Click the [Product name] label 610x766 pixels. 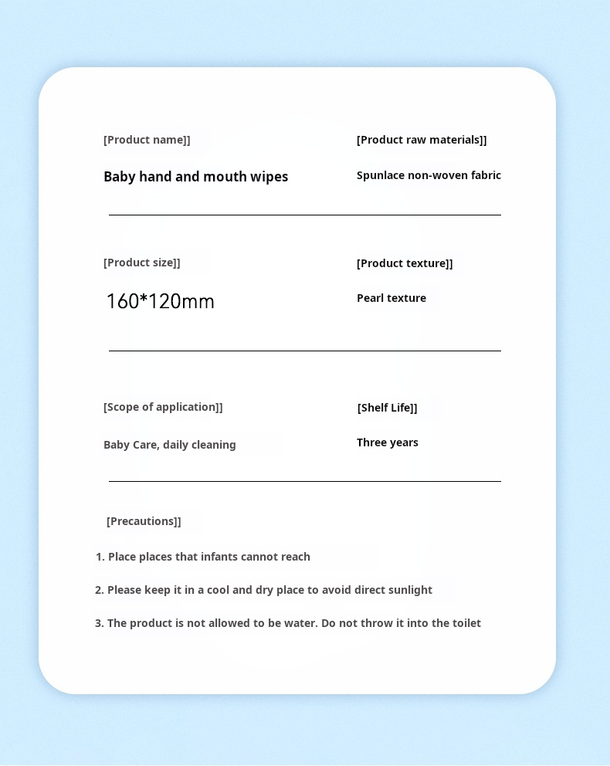(x=147, y=140)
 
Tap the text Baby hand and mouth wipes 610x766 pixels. (x=195, y=177)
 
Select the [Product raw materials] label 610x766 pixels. (x=422, y=140)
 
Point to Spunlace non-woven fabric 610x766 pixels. (x=429, y=175)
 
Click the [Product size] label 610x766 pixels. (x=142, y=263)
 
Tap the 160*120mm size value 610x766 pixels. (x=160, y=301)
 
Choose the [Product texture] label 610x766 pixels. (x=405, y=263)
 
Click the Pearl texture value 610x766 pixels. (x=391, y=298)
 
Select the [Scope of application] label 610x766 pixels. (x=163, y=407)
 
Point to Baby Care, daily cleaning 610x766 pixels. (x=170, y=445)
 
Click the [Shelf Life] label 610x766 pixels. (x=387, y=408)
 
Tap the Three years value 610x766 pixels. (x=388, y=442)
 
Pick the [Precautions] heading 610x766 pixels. (x=144, y=521)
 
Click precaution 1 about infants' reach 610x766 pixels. (x=203, y=557)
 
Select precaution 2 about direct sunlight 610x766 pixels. (x=263, y=590)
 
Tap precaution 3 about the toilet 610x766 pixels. (x=288, y=623)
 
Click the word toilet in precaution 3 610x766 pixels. (x=466, y=623)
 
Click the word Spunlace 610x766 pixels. (x=381, y=175)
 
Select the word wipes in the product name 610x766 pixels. (x=269, y=177)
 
